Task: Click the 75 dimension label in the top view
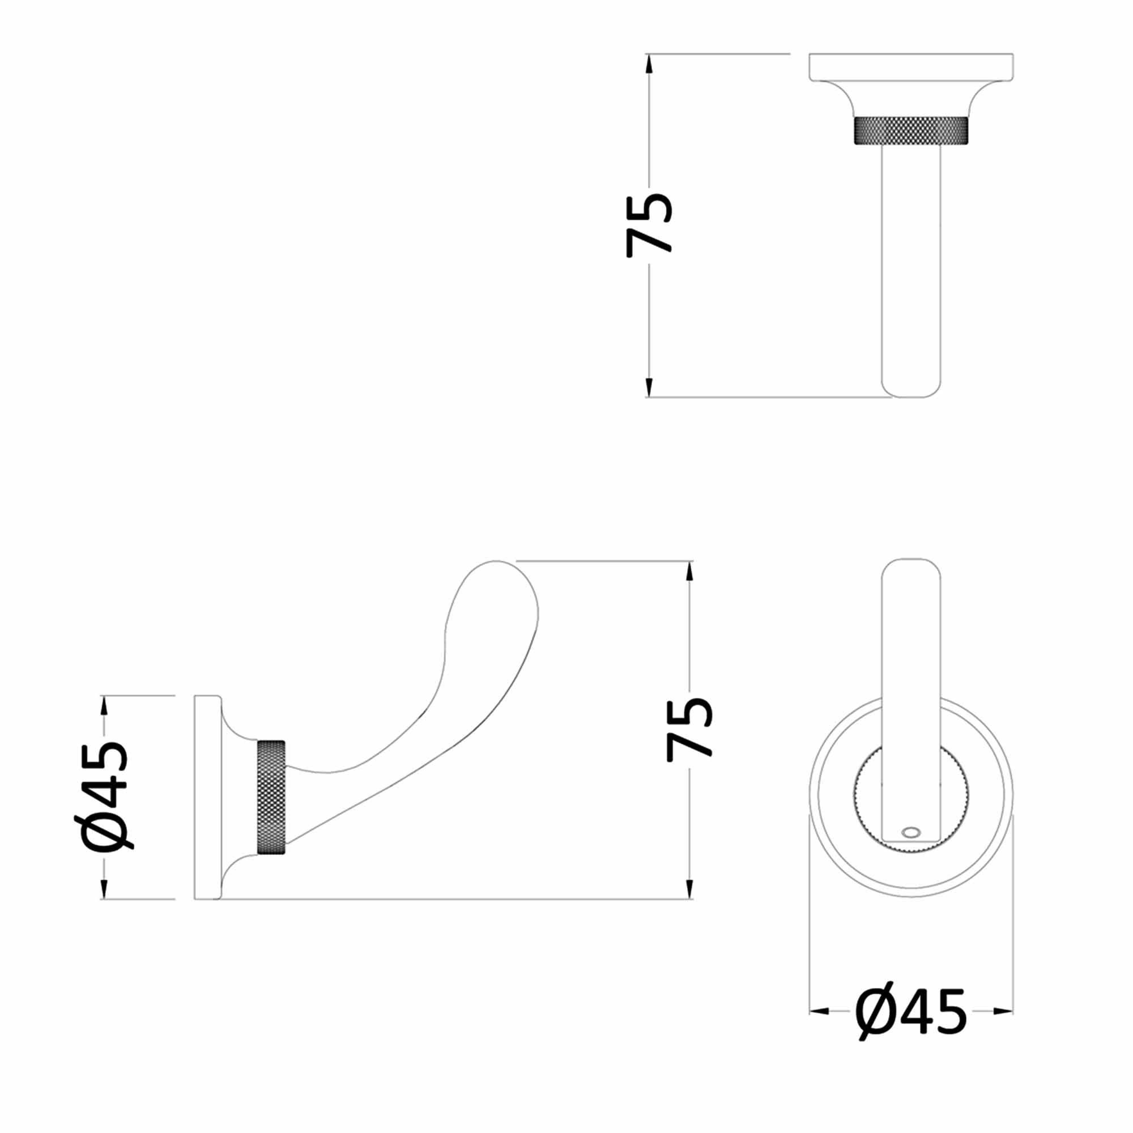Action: point(649,226)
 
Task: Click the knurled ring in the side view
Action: point(271,797)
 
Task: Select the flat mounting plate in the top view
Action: point(911,66)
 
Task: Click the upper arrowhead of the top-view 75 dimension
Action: point(649,63)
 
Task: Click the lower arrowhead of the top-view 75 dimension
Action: point(649,387)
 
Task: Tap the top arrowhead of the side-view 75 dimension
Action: point(689,572)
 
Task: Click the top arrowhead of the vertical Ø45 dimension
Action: point(104,705)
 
